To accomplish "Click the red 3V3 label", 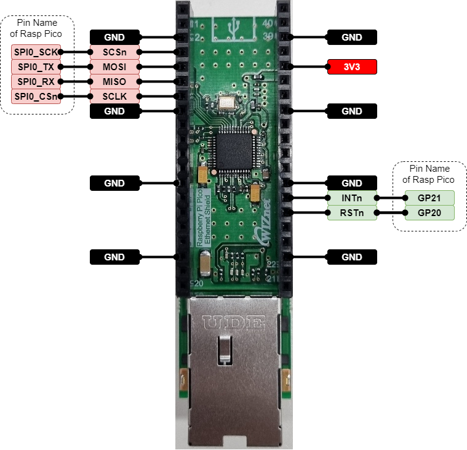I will [x=352, y=67].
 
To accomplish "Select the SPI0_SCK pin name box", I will [x=36, y=52].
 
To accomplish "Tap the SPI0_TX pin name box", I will [x=36, y=67].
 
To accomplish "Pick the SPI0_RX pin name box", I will [x=36, y=82].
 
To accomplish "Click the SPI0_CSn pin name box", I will [x=36, y=97].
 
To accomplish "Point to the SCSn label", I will [x=115, y=52].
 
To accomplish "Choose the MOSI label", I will [x=115, y=67].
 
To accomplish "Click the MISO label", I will [x=115, y=82].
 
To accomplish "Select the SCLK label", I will [x=115, y=97].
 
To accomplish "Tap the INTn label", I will [x=351, y=198].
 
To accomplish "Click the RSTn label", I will [x=351, y=213].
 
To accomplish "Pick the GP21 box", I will [x=429, y=198].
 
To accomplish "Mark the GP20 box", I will [x=429, y=213].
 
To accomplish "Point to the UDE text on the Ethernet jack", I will [x=234, y=322].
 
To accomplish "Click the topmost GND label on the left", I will [x=115, y=38].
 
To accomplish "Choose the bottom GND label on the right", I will [x=352, y=257].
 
